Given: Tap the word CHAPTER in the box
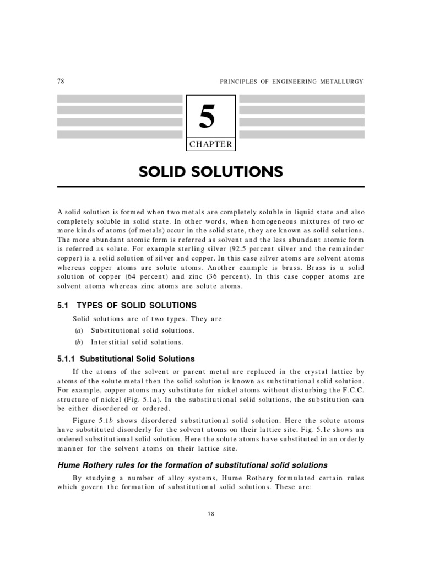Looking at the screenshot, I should tap(210, 145).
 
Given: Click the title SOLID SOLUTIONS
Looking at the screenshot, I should tap(211, 172).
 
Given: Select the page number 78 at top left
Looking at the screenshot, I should tap(61, 81).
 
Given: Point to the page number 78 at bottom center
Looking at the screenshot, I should tap(211, 513).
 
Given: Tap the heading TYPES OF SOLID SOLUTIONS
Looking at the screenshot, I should tap(136, 305).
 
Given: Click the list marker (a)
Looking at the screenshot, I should tap(78, 330).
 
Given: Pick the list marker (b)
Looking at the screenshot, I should tap(78, 342).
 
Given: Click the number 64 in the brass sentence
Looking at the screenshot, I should tap(139, 276).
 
